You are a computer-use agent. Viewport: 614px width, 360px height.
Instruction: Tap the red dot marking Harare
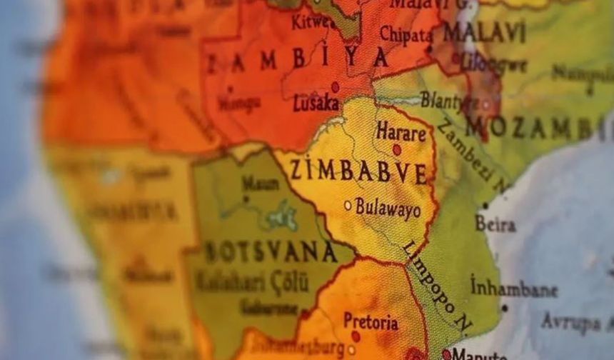click(x=397, y=149)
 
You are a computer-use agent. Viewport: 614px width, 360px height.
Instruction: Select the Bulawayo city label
click(x=388, y=208)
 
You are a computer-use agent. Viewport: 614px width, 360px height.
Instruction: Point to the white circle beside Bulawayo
click(x=348, y=205)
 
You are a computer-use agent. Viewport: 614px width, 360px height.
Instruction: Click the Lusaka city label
click(x=316, y=104)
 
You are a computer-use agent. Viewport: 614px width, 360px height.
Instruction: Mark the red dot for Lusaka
click(x=335, y=86)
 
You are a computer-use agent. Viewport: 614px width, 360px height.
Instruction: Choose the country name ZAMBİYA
click(x=297, y=60)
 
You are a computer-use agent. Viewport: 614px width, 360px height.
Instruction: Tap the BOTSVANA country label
click(x=271, y=252)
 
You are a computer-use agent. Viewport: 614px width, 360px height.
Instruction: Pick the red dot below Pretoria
click(x=356, y=336)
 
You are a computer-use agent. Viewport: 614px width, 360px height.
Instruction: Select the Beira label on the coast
click(x=495, y=224)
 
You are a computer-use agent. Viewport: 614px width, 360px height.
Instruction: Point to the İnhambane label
click(x=513, y=289)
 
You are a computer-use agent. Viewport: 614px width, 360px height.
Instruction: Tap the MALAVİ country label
click(x=484, y=33)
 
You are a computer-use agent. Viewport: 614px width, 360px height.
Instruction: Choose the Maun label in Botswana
click(x=260, y=184)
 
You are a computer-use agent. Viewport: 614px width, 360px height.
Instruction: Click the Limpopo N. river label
click(x=437, y=286)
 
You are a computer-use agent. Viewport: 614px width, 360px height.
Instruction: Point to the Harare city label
click(x=401, y=131)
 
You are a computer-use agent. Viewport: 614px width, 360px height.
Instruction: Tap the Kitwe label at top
click(x=311, y=21)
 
